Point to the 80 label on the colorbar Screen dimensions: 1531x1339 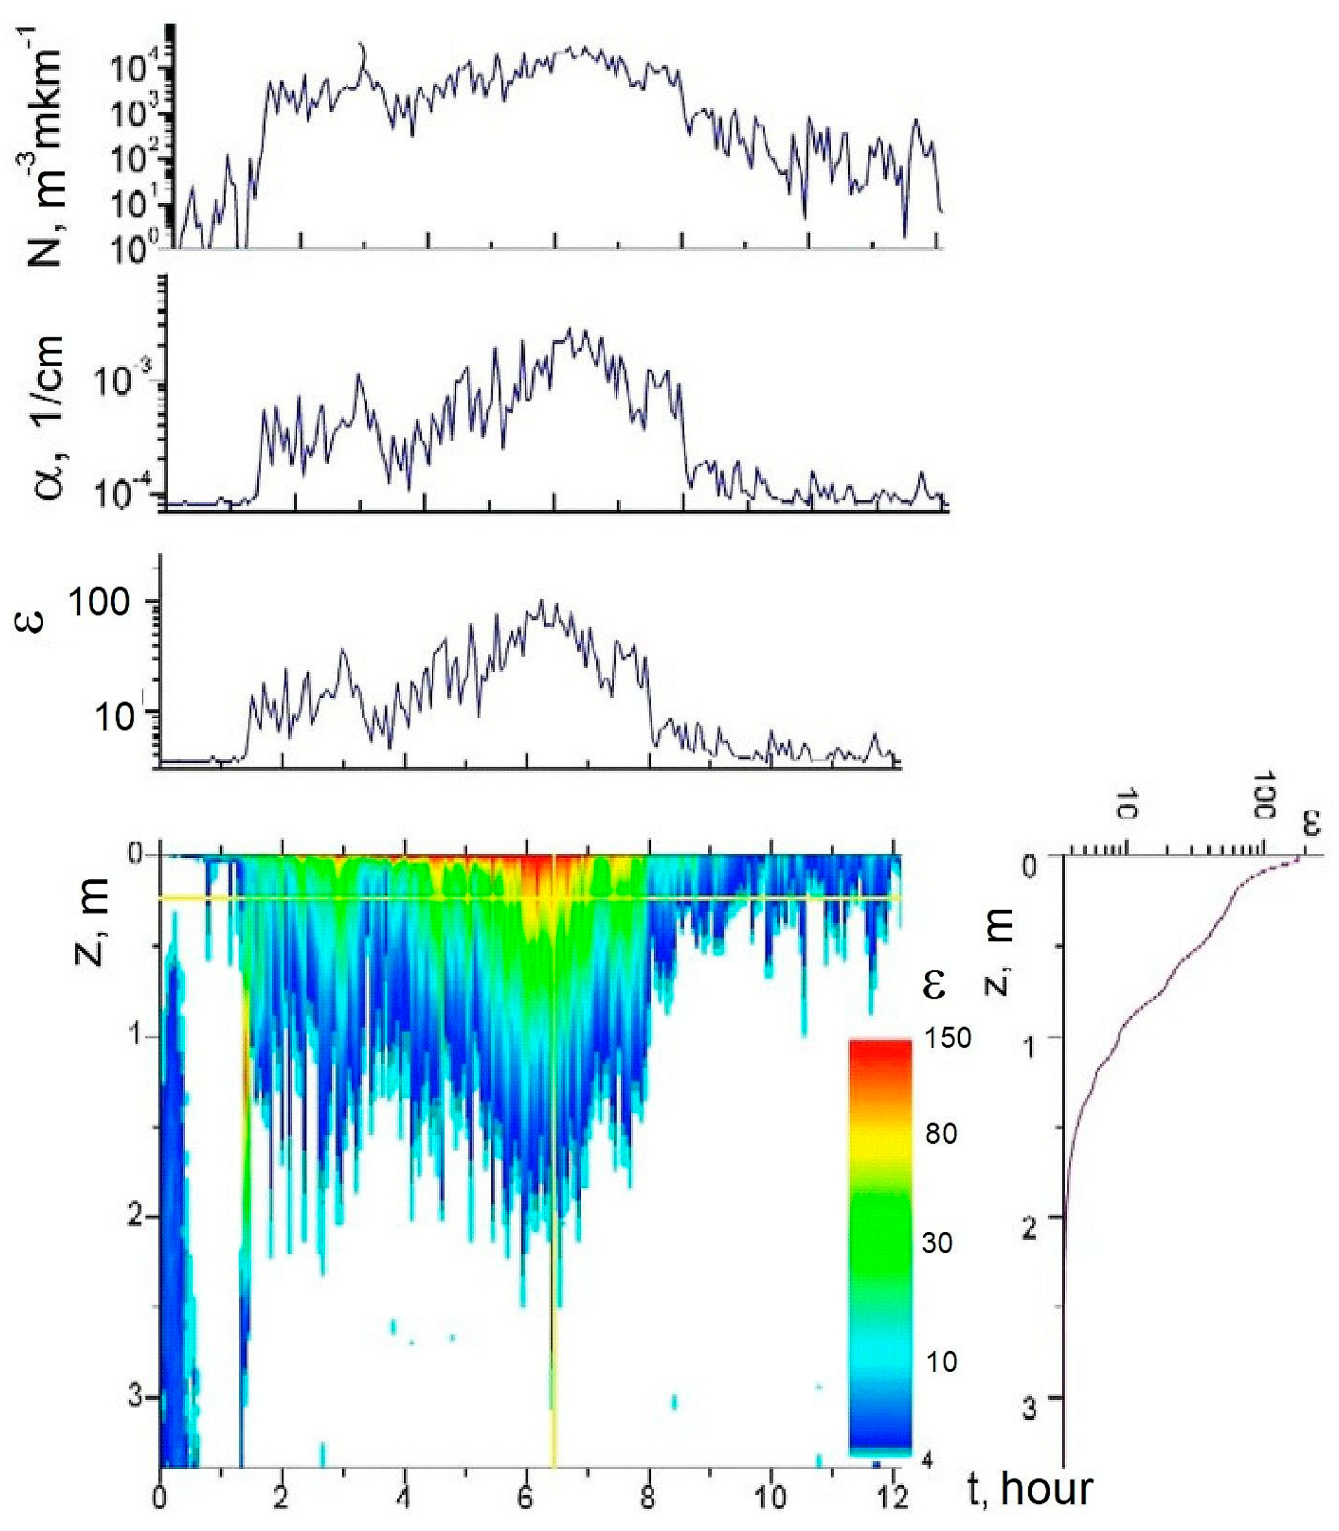tap(941, 1133)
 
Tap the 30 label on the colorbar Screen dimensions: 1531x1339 tap(937, 1243)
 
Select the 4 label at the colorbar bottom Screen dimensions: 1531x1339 tap(928, 1462)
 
